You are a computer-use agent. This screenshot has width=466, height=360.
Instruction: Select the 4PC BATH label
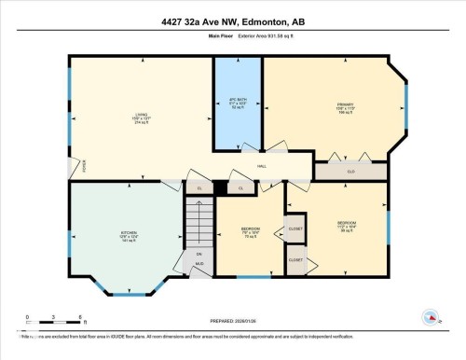(x=237, y=104)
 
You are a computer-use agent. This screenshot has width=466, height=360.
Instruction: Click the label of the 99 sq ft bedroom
(x=347, y=226)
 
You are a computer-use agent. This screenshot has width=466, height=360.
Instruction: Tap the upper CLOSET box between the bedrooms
(x=295, y=228)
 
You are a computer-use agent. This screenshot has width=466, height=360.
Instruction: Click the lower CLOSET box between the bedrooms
(x=295, y=260)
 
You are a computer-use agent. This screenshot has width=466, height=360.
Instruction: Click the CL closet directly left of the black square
(x=199, y=187)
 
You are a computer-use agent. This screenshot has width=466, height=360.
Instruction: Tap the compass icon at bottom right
(x=431, y=318)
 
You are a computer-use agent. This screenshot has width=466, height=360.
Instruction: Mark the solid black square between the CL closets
(x=220, y=187)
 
